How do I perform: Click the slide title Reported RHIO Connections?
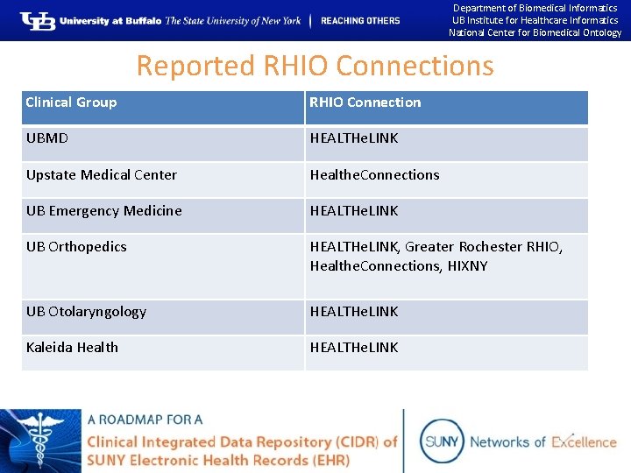click(315, 66)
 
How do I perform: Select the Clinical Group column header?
click(71, 102)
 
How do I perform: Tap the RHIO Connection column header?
click(365, 102)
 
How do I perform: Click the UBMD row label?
click(47, 138)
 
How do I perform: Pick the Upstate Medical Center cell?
click(102, 175)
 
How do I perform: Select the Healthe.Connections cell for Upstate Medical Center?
click(374, 175)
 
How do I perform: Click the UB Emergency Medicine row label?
click(104, 211)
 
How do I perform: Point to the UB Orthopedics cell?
click(76, 247)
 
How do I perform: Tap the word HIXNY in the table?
click(466, 266)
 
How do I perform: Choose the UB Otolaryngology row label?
click(86, 312)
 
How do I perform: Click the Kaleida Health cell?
click(72, 348)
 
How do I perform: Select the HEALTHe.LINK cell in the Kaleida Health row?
click(354, 348)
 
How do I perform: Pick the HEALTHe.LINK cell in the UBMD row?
click(354, 138)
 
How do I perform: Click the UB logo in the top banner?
click(38, 20)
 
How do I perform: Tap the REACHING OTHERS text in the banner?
click(360, 21)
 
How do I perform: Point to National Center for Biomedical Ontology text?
click(535, 33)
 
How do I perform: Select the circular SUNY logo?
click(442, 441)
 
